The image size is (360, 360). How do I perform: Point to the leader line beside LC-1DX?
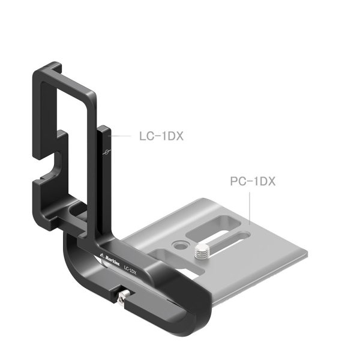[119, 137]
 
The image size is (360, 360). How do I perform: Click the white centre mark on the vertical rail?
[106, 151]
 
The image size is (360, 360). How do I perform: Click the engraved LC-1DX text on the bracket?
[129, 269]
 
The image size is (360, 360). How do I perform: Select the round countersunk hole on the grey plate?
[178, 244]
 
